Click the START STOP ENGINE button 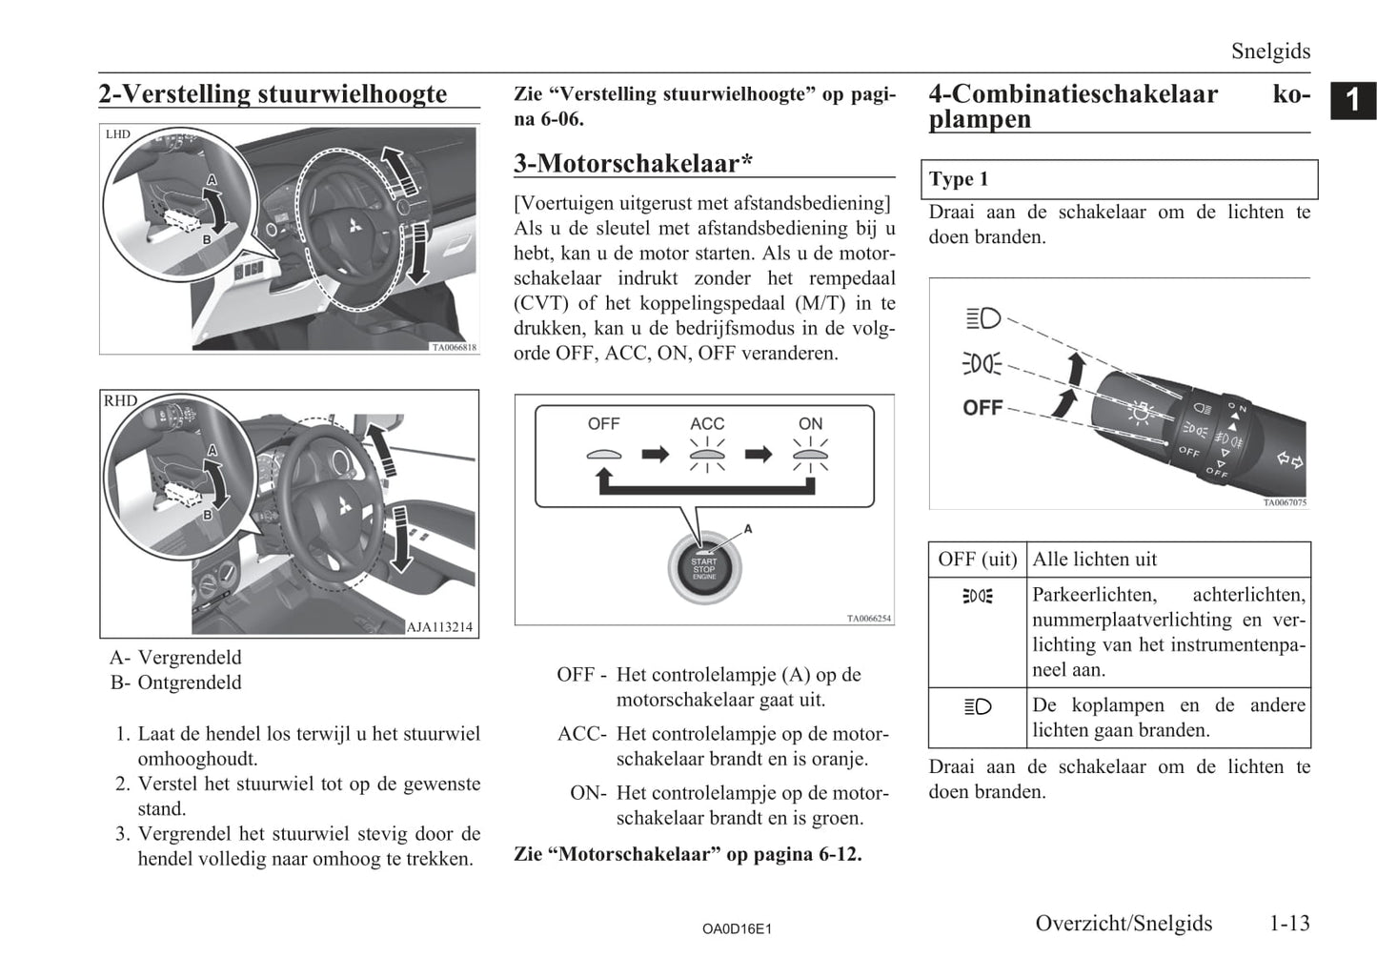point(704,568)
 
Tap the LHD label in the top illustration point(118,134)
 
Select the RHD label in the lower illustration point(120,401)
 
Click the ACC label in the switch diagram point(707,423)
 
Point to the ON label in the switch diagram point(810,423)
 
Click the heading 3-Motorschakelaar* point(633,163)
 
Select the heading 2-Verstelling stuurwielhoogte point(273,93)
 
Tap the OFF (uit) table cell point(977,560)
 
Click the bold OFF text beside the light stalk point(982,408)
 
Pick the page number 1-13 point(1289,923)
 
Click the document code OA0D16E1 point(737,928)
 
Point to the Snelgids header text point(1270,51)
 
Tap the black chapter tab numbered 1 point(1353,100)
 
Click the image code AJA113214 point(439,627)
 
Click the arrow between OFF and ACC point(656,454)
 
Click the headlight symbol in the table point(978,706)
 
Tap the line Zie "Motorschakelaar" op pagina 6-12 point(687,854)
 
